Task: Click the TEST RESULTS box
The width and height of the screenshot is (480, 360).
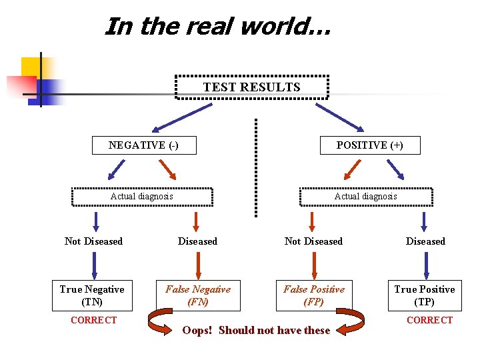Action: pos(251,87)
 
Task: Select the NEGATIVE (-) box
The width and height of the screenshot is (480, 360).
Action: pos(144,145)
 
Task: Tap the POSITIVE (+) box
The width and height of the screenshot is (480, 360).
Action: pos(370,145)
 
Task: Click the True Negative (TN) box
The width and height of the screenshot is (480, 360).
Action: pos(92,295)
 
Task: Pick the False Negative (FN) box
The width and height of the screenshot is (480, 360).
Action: pos(198,295)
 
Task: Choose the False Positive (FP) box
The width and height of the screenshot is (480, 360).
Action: pos(314,295)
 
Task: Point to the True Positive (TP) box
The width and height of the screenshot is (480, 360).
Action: pos(425,295)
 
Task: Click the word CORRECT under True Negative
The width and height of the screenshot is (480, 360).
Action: pos(93,321)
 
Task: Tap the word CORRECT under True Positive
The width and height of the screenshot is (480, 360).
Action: pos(429,321)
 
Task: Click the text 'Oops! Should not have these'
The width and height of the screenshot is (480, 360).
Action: pos(256,331)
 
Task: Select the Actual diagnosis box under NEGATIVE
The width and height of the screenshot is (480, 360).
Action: pos(142,197)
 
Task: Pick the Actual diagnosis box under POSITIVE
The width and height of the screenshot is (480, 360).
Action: pos(366,197)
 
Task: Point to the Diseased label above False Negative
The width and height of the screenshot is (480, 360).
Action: pos(197,241)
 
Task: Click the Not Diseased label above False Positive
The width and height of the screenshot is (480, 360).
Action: pos(313,241)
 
